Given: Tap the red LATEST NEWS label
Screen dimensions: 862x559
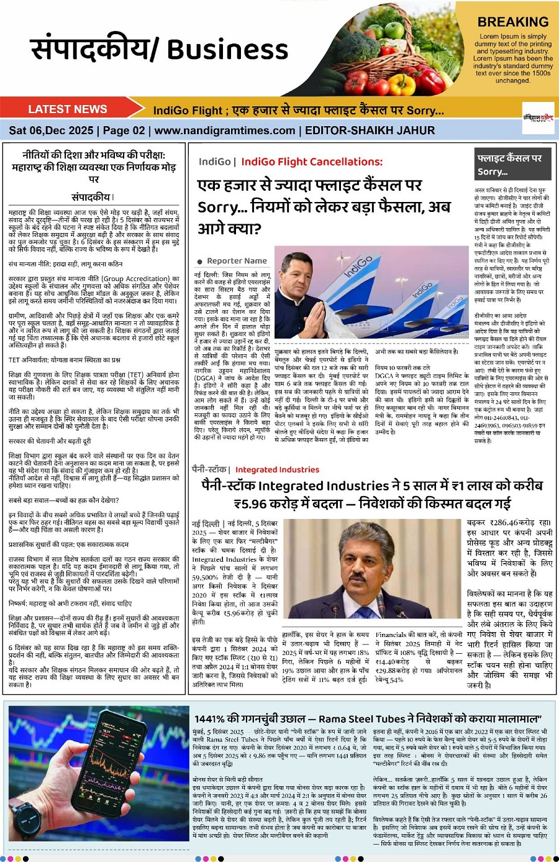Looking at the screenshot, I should (x=67, y=109).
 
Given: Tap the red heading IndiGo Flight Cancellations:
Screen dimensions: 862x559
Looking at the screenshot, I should (x=312, y=162).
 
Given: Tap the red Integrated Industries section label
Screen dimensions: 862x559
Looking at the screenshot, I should (x=277, y=470).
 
